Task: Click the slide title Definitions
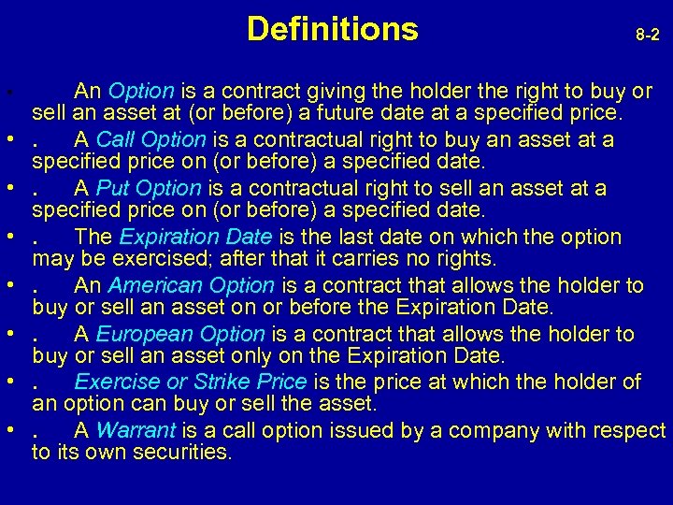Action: click(x=333, y=30)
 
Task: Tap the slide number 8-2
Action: click(x=647, y=36)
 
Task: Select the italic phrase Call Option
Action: click(x=150, y=139)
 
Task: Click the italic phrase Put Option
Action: click(x=149, y=188)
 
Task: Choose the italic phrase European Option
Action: click(x=180, y=334)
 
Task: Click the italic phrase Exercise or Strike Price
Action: click(x=191, y=382)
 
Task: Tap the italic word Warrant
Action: click(x=136, y=430)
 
